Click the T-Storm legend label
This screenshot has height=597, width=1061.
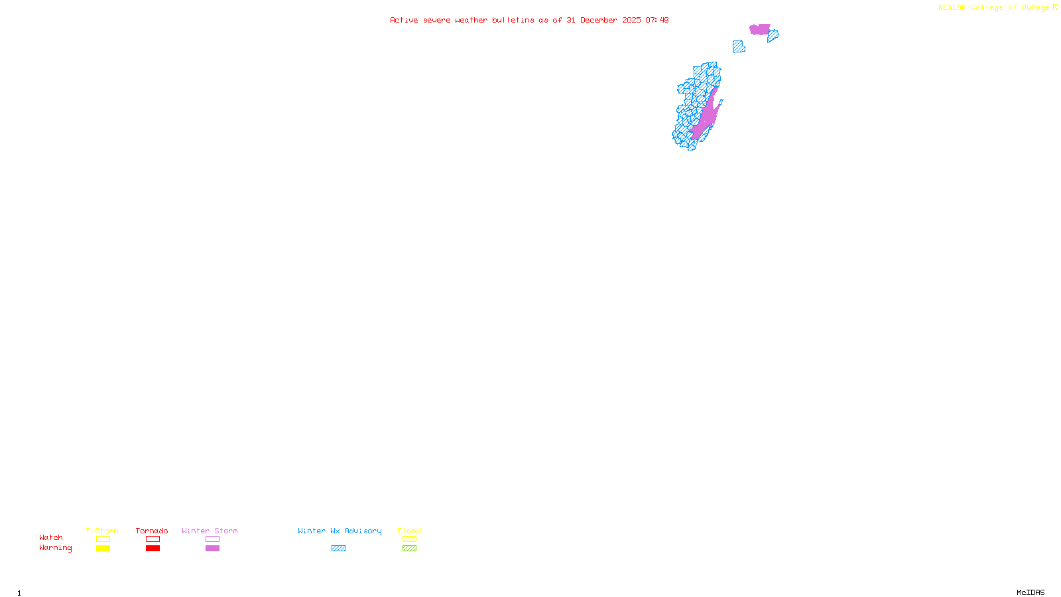pyautogui.click(x=102, y=531)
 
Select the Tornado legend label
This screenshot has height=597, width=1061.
pyautogui.click(x=152, y=531)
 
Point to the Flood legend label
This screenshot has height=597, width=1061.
pyautogui.click(x=409, y=531)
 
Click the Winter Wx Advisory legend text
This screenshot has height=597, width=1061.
pyautogui.click(x=340, y=531)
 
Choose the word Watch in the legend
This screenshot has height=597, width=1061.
pyautogui.click(x=51, y=537)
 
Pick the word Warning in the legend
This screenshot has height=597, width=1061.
pyautogui.click(x=55, y=548)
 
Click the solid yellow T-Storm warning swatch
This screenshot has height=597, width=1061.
pyautogui.click(x=103, y=549)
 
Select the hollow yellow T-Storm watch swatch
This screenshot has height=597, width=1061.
pyautogui.click(x=103, y=539)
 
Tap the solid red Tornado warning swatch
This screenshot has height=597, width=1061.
pyautogui.click(x=153, y=549)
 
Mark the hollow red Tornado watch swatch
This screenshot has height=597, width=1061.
pyautogui.click(x=153, y=539)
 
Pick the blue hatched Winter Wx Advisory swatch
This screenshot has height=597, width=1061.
pyautogui.click(x=338, y=549)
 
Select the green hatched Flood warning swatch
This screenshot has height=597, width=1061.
pyautogui.click(x=409, y=549)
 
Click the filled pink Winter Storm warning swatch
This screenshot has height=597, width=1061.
pyautogui.click(x=212, y=549)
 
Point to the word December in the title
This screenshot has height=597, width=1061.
pyautogui.click(x=599, y=20)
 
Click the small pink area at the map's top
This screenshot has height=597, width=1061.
pyautogui.click(x=760, y=29)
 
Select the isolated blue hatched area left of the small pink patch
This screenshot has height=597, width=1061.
pyautogui.click(x=739, y=46)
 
